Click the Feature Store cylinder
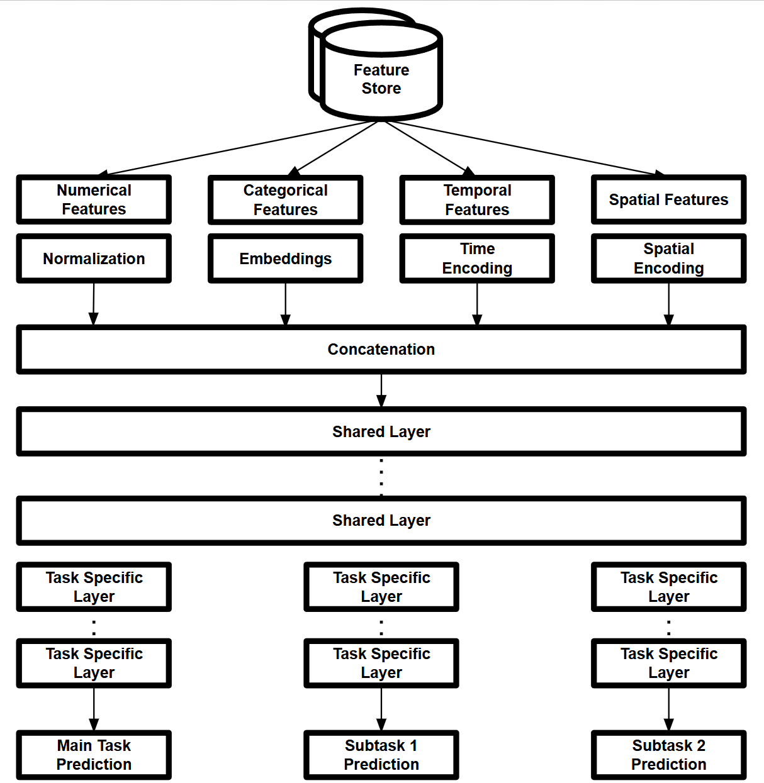[x=381, y=75]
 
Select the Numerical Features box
[x=94, y=200]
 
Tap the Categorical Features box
[x=285, y=200]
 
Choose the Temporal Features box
[x=477, y=200]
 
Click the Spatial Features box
[x=668, y=200]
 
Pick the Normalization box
[x=94, y=258]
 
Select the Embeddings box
[x=285, y=258]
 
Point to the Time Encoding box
[x=477, y=258]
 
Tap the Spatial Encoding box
[x=668, y=258]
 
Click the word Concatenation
[x=381, y=350]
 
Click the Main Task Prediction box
[x=94, y=755]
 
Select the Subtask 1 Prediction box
[x=381, y=755]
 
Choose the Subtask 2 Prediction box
[x=668, y=755]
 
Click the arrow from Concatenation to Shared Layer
[x=381, y=391]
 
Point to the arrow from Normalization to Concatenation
[x=94, y=304]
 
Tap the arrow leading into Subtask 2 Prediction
[x=668, y=709]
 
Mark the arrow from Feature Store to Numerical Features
[x=239, y=147]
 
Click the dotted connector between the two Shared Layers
[x=381, y=476]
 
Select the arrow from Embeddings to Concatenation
[x=285, y=304]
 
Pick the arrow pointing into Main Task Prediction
[x=94, y=709]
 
